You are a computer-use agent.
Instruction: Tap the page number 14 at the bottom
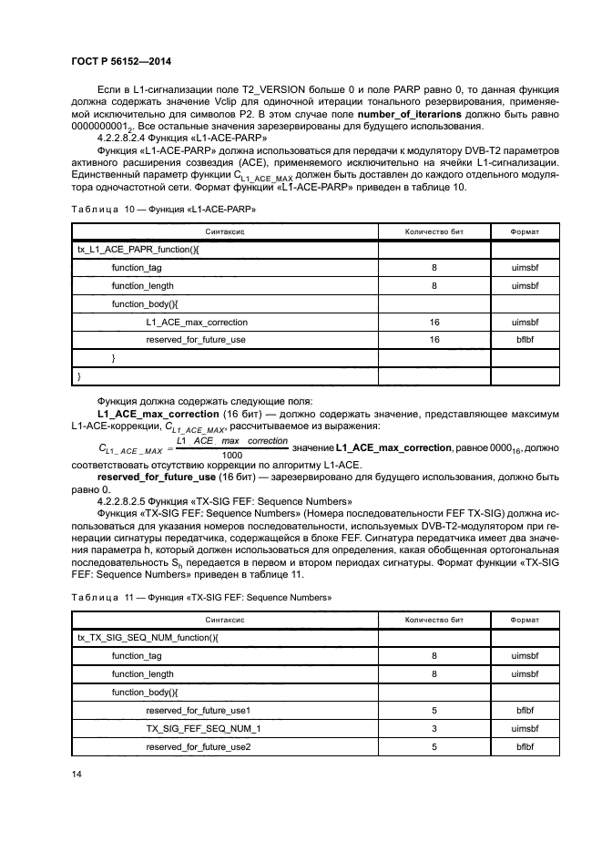[77, 775]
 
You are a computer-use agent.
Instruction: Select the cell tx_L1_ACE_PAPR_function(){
[128, 250]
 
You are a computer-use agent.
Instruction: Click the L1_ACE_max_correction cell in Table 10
[196, 322]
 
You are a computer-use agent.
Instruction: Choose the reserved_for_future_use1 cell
[198, 709]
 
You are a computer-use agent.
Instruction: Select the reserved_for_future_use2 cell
[198, 746]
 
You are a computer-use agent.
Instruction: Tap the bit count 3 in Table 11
[434, 728]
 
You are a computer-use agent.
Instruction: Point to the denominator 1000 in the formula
[231, 455]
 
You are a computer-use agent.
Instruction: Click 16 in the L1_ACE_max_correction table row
[434, 322]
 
